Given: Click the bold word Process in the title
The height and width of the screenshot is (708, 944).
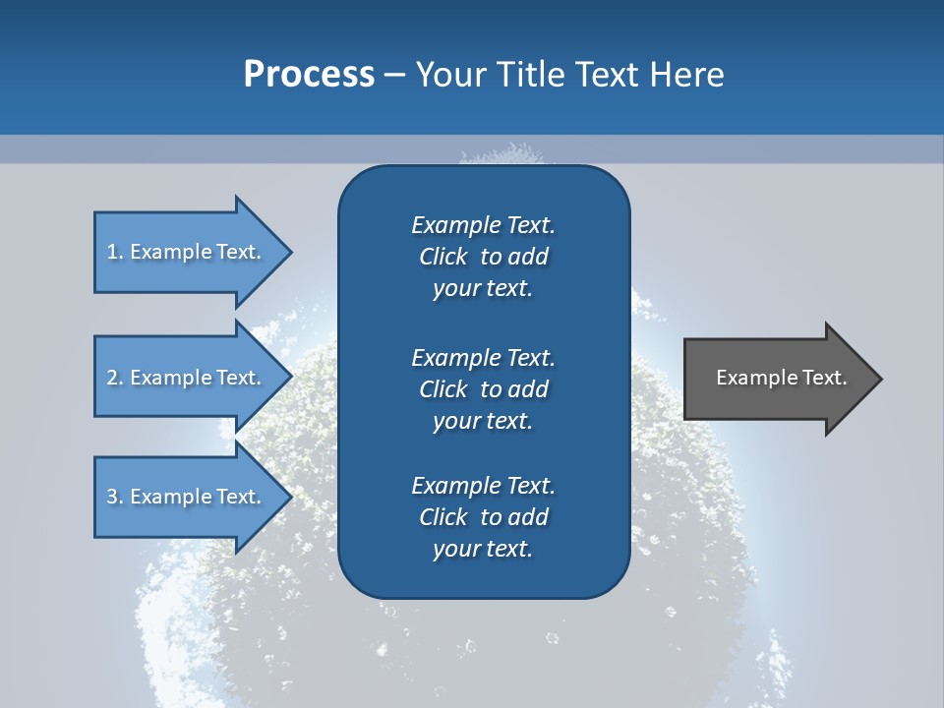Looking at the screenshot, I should click(x=309, y=75).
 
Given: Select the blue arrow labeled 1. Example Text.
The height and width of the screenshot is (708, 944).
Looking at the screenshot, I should click(x=187, y=252).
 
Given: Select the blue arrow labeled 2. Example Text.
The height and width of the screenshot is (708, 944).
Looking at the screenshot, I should click(x=187, y=378).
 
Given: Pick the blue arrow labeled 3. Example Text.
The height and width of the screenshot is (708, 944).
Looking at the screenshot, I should click(x=187, y=497).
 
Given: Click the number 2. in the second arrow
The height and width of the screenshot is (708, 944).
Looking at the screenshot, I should click(x=114, y=378).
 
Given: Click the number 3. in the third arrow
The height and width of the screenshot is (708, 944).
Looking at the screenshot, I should click(x=114, y=497).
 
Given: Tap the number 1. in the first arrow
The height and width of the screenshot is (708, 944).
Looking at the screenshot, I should click(x=114, y=252).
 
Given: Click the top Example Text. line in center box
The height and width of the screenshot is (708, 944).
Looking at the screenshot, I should click(x=483, y=225).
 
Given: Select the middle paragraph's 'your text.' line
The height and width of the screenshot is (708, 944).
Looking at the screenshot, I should click(x=483, y=421).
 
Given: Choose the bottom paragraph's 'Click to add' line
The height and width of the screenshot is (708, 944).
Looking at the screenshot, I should click(x=483, y=517).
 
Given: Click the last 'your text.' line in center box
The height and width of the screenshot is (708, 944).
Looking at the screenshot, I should click(x=483, y=549).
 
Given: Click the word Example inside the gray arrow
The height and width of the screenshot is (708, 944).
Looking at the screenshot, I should click(x=753, y=378).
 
